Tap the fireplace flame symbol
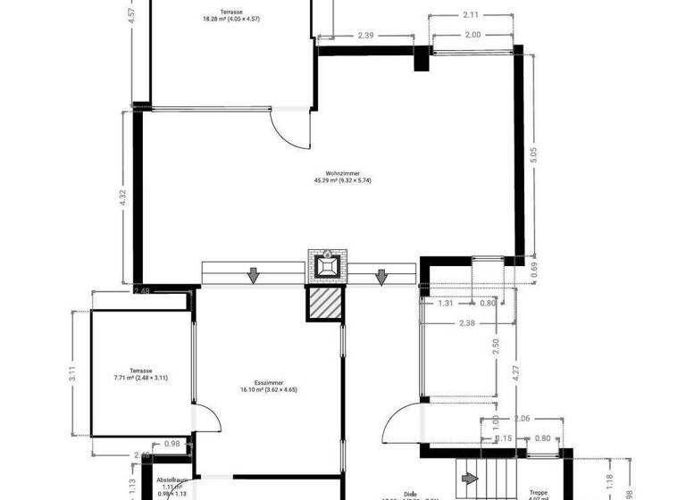[x=326, y=265]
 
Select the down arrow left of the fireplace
[x=254, y=276]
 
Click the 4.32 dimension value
[x=124, y=197]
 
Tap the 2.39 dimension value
[x=365, y=36]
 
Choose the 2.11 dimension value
[x=471, y=14]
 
